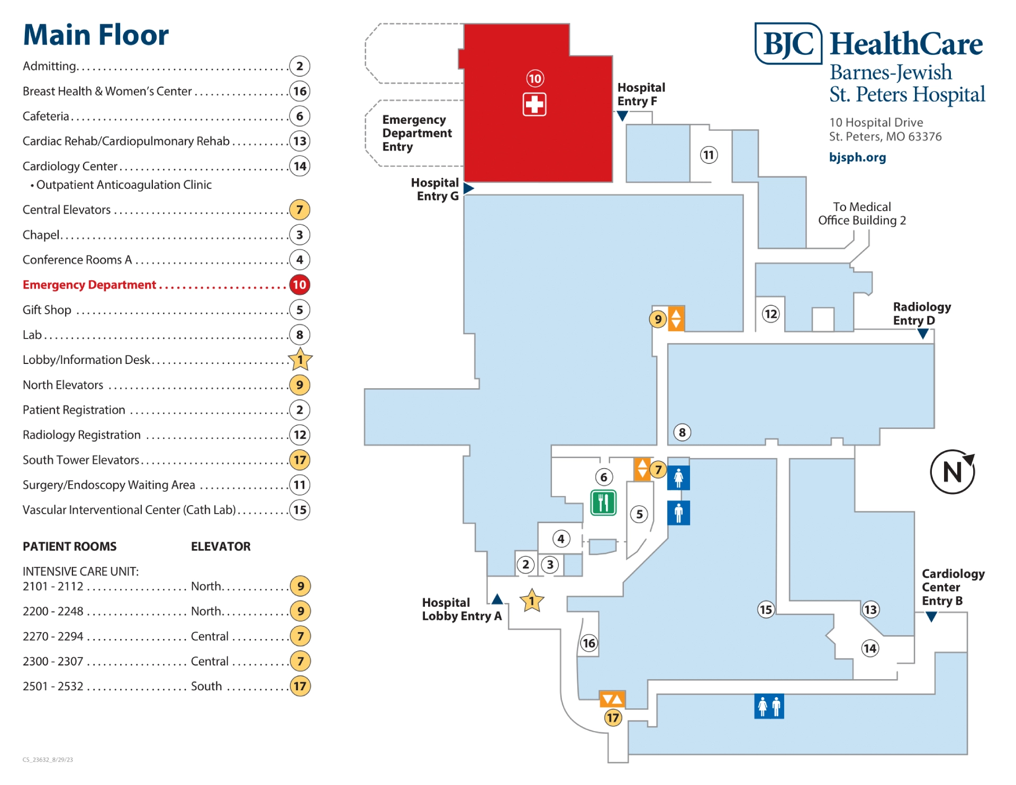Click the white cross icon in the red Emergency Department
pos(534,104)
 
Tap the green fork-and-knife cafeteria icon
pos(603,503)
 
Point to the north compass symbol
pos(952,471)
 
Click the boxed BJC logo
pos(788,43)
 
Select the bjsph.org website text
pos(857,157)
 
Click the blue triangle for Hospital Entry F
pos(623,116)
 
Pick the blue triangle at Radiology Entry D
pos(923,334)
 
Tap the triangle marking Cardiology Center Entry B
pos(931,617)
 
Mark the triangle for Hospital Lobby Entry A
pos(497,599)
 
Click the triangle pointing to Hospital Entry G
pos(468,188)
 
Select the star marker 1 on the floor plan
pos(532,600)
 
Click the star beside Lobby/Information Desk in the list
pos(300,359)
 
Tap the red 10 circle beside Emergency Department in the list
pos(300,285)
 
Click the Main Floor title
pos(96,35)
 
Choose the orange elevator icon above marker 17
pos(612,699)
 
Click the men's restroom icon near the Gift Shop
pos(678,513)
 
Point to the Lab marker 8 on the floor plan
pos(682,432)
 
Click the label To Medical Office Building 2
pos(862,214)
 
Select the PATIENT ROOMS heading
pos(70,546)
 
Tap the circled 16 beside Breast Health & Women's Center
pos(300,91)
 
